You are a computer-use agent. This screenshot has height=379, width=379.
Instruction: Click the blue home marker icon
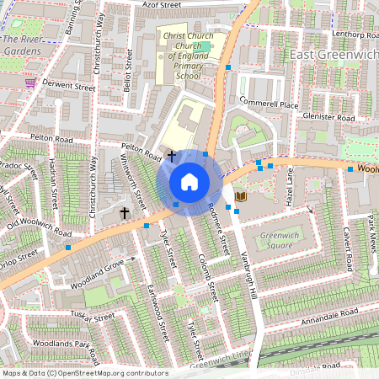189,181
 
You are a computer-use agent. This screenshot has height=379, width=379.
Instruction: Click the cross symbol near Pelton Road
172,156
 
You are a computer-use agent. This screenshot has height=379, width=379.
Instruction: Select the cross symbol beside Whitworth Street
125,214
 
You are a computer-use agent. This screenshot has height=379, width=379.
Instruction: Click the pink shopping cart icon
30,83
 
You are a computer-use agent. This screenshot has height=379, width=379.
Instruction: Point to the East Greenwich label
332,55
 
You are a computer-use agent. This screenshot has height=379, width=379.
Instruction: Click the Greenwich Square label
282,240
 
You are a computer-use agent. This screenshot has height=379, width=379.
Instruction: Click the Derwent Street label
61,86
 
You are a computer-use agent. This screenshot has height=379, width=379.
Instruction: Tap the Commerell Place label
269,104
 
